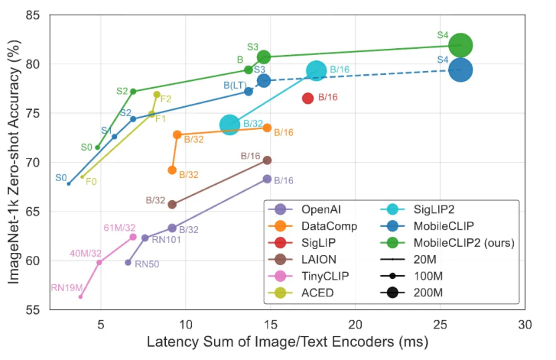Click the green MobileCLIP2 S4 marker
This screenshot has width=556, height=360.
460,45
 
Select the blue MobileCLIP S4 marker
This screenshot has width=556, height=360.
460,70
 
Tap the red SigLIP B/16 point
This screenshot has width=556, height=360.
308,98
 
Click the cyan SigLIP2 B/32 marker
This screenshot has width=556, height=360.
229,125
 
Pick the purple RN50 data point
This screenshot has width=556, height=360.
128,263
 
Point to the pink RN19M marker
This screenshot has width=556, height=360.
80,297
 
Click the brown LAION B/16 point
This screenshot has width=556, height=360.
267,160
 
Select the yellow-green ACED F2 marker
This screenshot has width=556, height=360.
157,95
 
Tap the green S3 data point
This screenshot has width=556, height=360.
263,57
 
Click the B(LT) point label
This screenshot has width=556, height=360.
235,85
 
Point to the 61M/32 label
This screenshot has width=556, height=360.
120,228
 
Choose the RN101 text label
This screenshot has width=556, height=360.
167,240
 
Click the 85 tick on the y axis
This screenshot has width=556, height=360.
33,15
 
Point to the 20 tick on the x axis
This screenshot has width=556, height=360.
355,325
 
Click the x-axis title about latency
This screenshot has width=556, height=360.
287,342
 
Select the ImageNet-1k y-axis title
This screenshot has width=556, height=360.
14,162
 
